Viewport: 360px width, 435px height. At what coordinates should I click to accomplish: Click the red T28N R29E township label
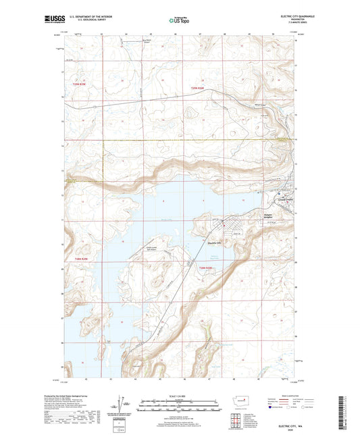(x=78, y=259)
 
